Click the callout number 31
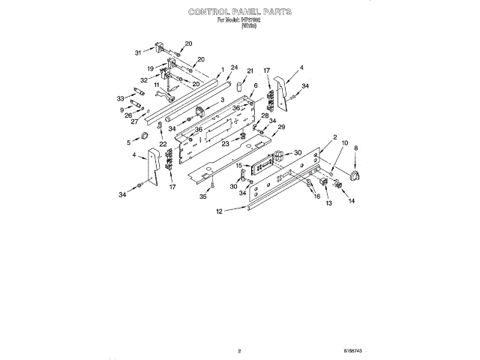(x=138, y=52)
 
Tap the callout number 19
(x=151, y=68)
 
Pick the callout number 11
(x=157, y=85)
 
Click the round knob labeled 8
(x=355, y=177)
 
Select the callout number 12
(x=219, y=211)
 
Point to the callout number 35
(x=202, y=197)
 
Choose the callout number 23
(x=226, y=142)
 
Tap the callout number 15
(x=238, y=165)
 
